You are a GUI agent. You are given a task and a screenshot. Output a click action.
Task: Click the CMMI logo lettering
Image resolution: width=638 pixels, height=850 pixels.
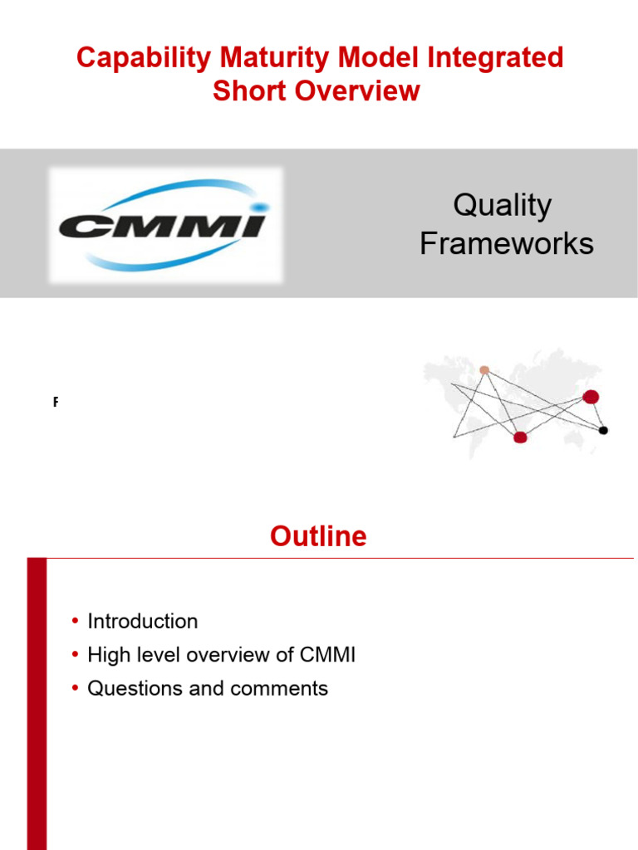pyautogui.click(x=161, y=224)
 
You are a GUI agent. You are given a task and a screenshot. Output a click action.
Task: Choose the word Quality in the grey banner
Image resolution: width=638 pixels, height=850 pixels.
pyautogui.click(x=503, y=206)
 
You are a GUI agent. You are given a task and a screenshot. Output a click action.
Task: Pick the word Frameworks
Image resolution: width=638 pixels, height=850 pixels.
pyautogui.click(x=506, y=243)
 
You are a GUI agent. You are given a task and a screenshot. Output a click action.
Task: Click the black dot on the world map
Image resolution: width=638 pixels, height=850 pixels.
pyautogui.click(x=603, y=430)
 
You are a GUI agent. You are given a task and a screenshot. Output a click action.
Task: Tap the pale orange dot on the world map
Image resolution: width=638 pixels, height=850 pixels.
pyautogui.click(x=484, y=370)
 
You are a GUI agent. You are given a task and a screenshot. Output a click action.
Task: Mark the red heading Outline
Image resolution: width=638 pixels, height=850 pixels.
pyautogui.click(x=318, y=536)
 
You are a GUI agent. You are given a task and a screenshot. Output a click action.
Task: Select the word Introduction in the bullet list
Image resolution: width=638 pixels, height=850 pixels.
pyautogui.click(x=143, y=622)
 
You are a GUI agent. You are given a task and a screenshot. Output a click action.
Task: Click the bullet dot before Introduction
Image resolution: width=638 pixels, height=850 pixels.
pyautogui.click(x=74, y=622)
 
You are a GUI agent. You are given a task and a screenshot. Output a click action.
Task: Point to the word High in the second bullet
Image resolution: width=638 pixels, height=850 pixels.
pyautogui.click(x=106, y=655)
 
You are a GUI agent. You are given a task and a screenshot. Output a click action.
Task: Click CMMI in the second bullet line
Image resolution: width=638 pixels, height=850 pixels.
pyautogui.click(x=326, y=655)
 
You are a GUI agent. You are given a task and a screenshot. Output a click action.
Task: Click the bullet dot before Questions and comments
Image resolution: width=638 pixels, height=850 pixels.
pyautogui.click(x=74, y=689)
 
